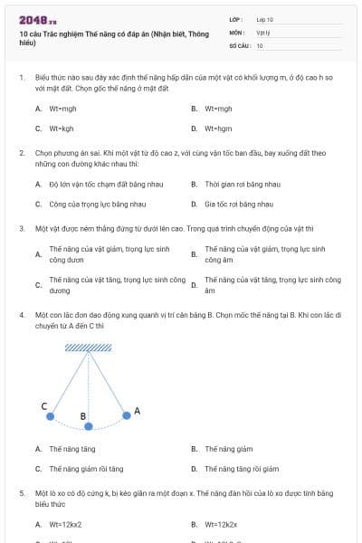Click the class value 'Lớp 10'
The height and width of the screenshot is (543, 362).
[x=264, y=19]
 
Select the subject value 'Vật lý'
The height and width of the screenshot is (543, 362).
[x=263, y=32]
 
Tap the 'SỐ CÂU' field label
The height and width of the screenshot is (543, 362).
[x=239, y=44]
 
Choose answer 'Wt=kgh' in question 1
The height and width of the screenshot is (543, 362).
[x=61, y=128]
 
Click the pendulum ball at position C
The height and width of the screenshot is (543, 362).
[x=51, y=416]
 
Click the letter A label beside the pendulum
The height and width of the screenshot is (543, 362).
[x=138, y=411]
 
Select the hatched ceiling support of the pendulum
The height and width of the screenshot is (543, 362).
[x=89, y=347]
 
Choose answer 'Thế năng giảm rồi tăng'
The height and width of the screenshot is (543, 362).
[x=86, y=469]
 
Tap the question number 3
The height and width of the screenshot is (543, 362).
[x=22, y=228]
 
